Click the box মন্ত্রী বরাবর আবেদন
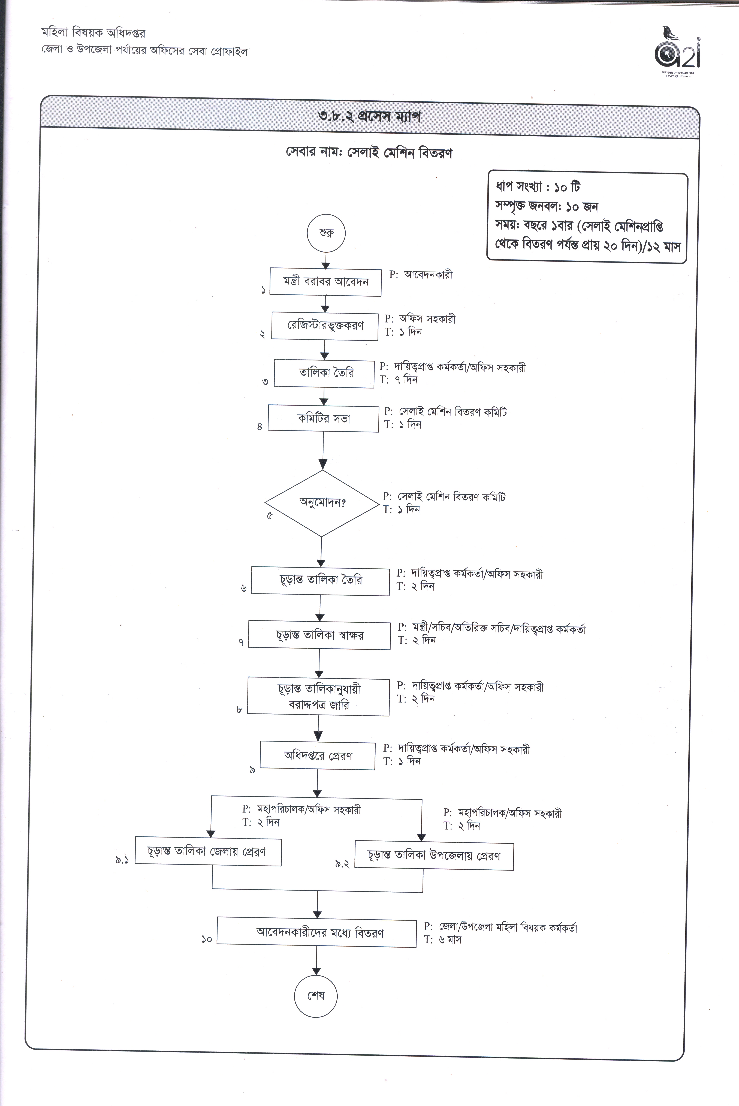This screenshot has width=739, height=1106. tap(325, 282)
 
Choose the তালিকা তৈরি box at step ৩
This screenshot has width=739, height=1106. tap(324, 373)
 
